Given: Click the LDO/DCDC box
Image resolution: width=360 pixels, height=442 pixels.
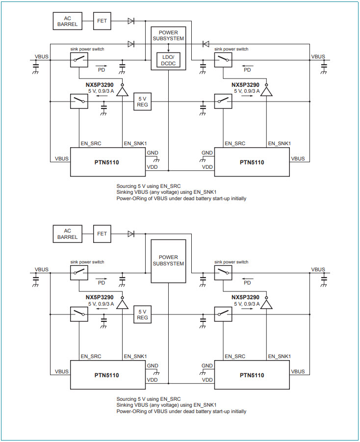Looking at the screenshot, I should [x=168, y=60].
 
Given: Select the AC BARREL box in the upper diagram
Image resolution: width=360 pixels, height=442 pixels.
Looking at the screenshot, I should [x=67, y=21].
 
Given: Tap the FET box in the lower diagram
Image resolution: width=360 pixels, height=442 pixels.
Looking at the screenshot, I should [x=102, y=234].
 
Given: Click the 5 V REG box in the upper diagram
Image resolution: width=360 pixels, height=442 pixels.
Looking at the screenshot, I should [x=142, y=102].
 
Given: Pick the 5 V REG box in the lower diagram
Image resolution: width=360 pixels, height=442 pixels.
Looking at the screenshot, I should [x=142, y=315].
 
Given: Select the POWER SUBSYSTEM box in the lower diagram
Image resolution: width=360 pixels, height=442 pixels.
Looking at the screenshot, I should [x=168, y=261].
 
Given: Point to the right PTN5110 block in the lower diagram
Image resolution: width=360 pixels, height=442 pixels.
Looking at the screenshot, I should [x=252, y=375].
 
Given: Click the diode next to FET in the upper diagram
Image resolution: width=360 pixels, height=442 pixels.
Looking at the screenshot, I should [x=131, y=21].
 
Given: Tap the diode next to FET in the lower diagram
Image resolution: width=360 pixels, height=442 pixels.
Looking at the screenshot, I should [x=131, y=234].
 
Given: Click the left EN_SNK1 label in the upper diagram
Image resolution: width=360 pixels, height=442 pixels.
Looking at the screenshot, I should [x=135, y=143].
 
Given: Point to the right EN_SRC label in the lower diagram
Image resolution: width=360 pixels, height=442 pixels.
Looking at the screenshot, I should [x=235, y=356].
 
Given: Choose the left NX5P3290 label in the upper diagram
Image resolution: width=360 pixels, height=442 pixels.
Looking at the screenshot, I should [x=100, y=85].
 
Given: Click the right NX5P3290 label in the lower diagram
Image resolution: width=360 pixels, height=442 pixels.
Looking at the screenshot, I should [x=245, y=297].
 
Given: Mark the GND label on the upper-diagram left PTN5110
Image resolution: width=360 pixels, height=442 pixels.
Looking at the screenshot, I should [x=152, y=153].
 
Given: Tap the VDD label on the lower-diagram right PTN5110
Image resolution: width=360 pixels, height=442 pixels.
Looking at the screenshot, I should [x=207, y=380].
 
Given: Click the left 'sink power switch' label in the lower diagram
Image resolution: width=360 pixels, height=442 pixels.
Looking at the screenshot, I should [x=87, y=262].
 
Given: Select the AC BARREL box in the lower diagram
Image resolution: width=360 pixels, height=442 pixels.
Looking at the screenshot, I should [x=67, y=234].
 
